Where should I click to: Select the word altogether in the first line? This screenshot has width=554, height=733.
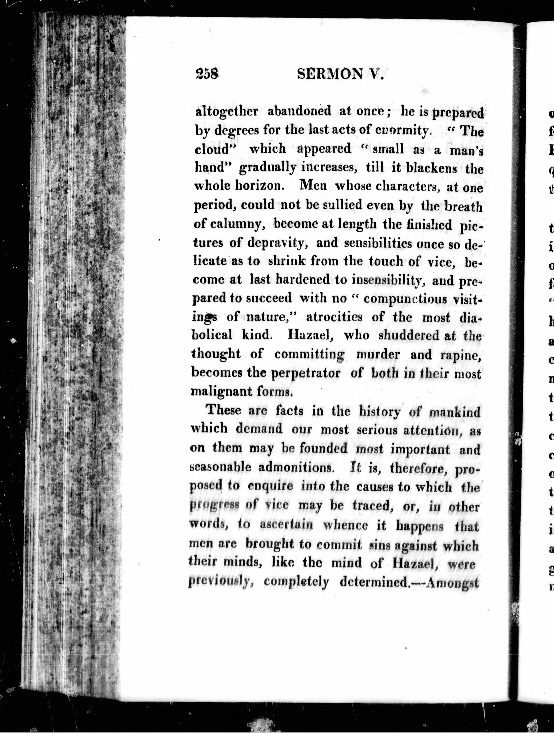tap(227, 111)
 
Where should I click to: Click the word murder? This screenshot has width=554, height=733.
tap(378, 354)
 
